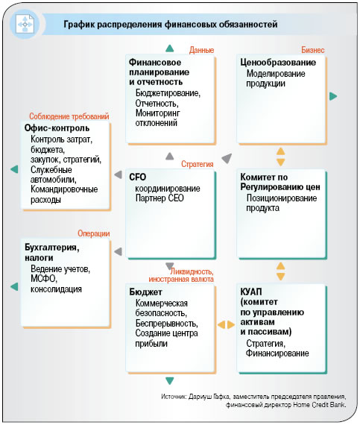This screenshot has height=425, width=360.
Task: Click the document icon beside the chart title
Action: coord(25,24)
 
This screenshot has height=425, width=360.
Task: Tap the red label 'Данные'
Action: coord(201,50)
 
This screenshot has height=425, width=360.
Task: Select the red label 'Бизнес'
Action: coord(312,50)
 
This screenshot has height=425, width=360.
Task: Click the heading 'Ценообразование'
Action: coord(278,63)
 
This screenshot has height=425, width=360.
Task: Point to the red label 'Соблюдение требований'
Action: coord(69,116)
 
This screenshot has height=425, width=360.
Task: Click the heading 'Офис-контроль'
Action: coord(57,128)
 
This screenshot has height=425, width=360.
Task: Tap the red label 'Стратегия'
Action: coord(198,164)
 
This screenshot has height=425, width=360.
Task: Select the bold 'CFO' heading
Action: coord(138,177)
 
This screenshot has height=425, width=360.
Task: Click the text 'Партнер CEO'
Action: coord(160,198)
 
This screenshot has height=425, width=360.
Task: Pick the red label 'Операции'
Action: coord(94,233)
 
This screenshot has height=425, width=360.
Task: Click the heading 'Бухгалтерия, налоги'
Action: coord(52,252)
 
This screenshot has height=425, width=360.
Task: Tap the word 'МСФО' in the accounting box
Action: coord(44,279)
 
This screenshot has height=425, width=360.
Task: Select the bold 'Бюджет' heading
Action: coord(145,292)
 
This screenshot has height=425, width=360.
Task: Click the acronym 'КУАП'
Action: coord(251,292)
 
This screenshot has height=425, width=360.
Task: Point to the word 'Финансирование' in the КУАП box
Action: coord(277,353)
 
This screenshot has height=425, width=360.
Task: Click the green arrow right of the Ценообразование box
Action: coord(333,96)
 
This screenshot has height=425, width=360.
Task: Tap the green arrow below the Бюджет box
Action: coord(170,381)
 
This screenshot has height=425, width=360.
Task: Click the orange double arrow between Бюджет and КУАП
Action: coord(226,324)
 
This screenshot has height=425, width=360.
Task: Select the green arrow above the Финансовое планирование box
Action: coord(170,48)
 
